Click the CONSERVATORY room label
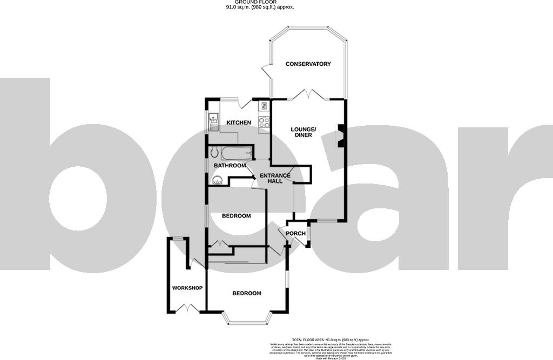point(308,64)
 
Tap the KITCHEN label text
point(238,123)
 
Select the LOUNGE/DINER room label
point(306,132)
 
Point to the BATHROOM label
point(230,166)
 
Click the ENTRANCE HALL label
point(275,178)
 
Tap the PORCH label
point(295,234)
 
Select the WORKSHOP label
point(187,288)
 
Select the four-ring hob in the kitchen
point(265,123)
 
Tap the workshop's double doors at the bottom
point(187,309)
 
